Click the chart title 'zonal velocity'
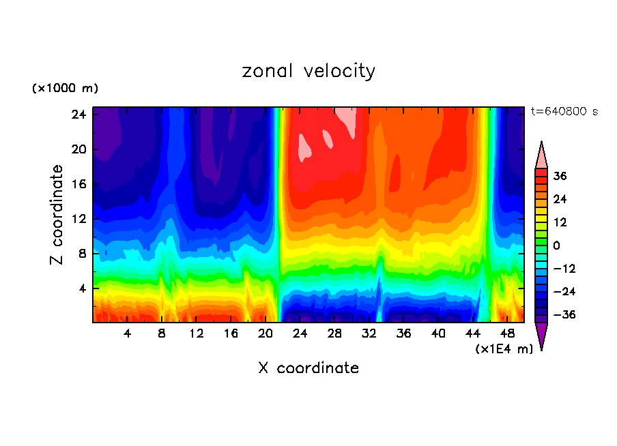tap(308, 71)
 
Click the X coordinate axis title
tap(308, 368)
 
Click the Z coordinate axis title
tap(57, 215)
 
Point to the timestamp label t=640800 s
tap(564, 111)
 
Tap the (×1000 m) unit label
tap(65, 89)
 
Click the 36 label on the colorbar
tap(560, 176)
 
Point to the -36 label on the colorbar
tap(563, 315)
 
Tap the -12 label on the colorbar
tap(563, 269)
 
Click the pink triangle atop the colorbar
tap(541, 156)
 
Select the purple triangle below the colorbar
tap(541, 336)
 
